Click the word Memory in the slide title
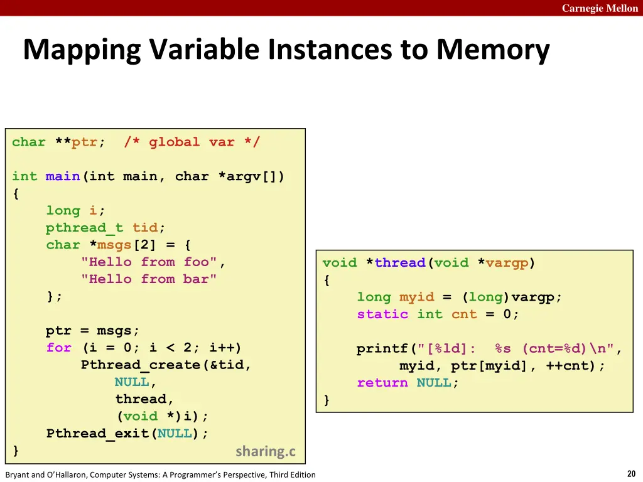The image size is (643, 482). pyautogui.click(x=493, y=50)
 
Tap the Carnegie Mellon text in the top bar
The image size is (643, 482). pyautogui.click(x=600, y=8)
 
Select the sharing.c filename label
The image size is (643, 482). pyautogui.click(x=265, y=451)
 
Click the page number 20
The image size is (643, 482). pyautogui.click(x=631, y=474)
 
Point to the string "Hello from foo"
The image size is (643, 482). pyautogui.click(x=149, y=262)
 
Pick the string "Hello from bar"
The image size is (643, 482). pyautogui.click(x=149, y=279)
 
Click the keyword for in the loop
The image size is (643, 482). pyautogui.click(x=58, y=348)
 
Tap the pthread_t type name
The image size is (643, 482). pyautogui.click(x=84, y=228)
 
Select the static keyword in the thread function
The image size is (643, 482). pyautogui.click(x=382, y=314)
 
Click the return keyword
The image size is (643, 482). pyautogui.click(x=382, y=383)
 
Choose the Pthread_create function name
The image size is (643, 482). pyautogui.click(x=140, y=365)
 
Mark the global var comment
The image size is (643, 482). pyautogui.click(x=192, y=142)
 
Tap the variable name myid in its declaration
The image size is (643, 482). pyautogui.click(x=416, y=297)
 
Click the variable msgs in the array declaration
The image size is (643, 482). pyautogui.click(x=114, y=245)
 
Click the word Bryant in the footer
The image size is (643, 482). pyautogui.click(x=19, y=474)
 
